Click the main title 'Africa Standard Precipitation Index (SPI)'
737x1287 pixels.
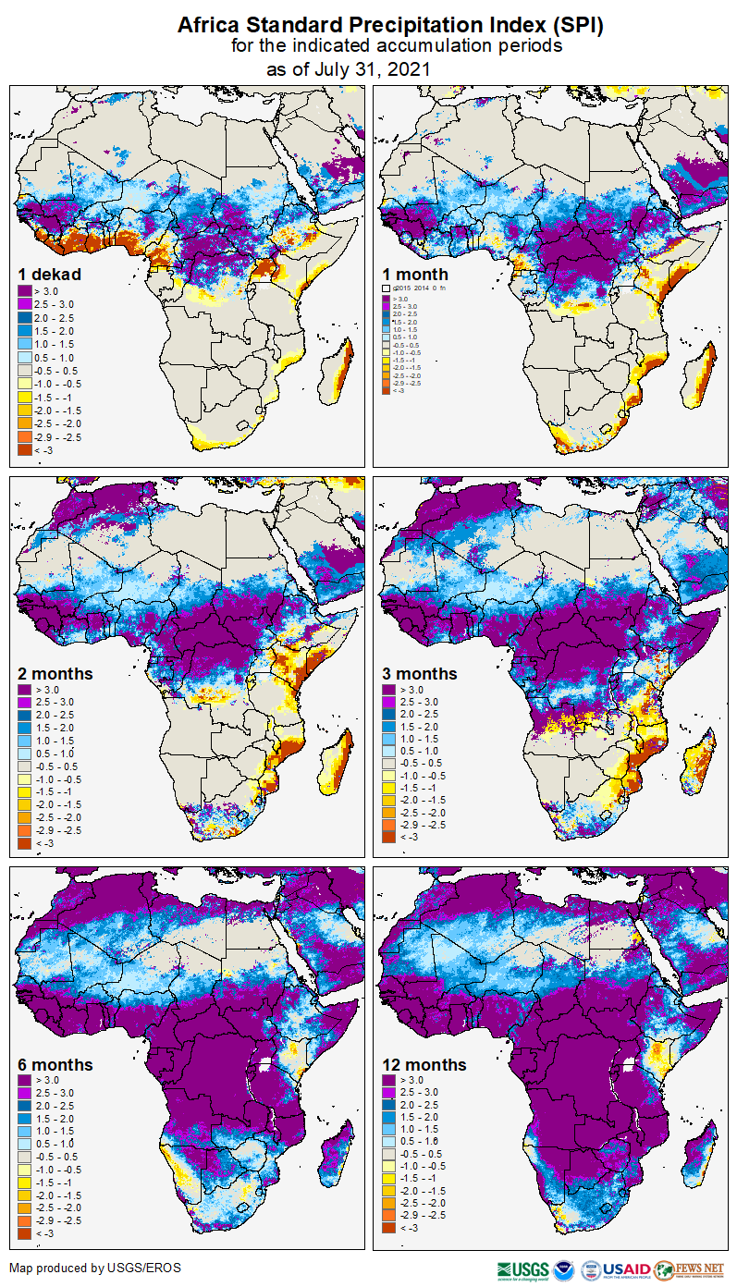tap(390, 26)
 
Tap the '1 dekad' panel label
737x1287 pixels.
tap(50, 275)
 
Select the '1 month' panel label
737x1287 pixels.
tap(415, 275)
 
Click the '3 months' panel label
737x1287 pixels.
tap(420, 674)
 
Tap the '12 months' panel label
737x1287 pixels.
tap(424, 1065)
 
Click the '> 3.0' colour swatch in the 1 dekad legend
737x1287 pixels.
tap(24, 291)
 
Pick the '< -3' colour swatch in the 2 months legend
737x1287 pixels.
tap(24, 842)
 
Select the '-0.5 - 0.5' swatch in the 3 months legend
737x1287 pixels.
tap(390, 763)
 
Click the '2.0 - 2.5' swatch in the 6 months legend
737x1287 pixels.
tap(24, 1106)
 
